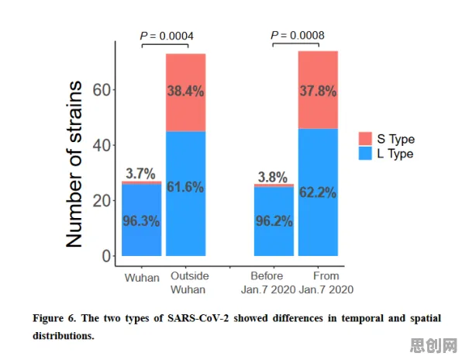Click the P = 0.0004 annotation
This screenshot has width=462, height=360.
point(167,36)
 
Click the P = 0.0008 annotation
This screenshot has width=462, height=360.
point(298,36)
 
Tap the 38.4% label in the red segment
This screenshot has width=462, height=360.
point(185,91)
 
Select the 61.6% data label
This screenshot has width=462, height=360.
point(185,187)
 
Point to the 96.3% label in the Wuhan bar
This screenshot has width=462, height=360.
point(141,221)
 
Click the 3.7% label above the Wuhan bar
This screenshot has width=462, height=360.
point(140,173)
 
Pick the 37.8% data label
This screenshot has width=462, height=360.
point(319,91)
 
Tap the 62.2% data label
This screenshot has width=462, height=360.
point(318,192)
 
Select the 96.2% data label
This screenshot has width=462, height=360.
point(274,221)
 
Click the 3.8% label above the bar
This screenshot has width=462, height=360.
point(273,177)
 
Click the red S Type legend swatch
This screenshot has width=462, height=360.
point(365,139)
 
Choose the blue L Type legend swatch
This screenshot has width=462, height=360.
point(365,154)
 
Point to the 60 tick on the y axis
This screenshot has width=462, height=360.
point(102,90)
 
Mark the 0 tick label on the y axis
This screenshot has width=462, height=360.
point(106,256)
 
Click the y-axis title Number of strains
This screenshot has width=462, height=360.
point(74,164)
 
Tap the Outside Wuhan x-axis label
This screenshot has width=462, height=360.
point(189,282)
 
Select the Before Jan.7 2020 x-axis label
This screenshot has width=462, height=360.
point(268,282)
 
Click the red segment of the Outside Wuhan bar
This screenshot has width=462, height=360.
point(185,92)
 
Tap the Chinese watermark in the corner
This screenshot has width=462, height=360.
point(434,345)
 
